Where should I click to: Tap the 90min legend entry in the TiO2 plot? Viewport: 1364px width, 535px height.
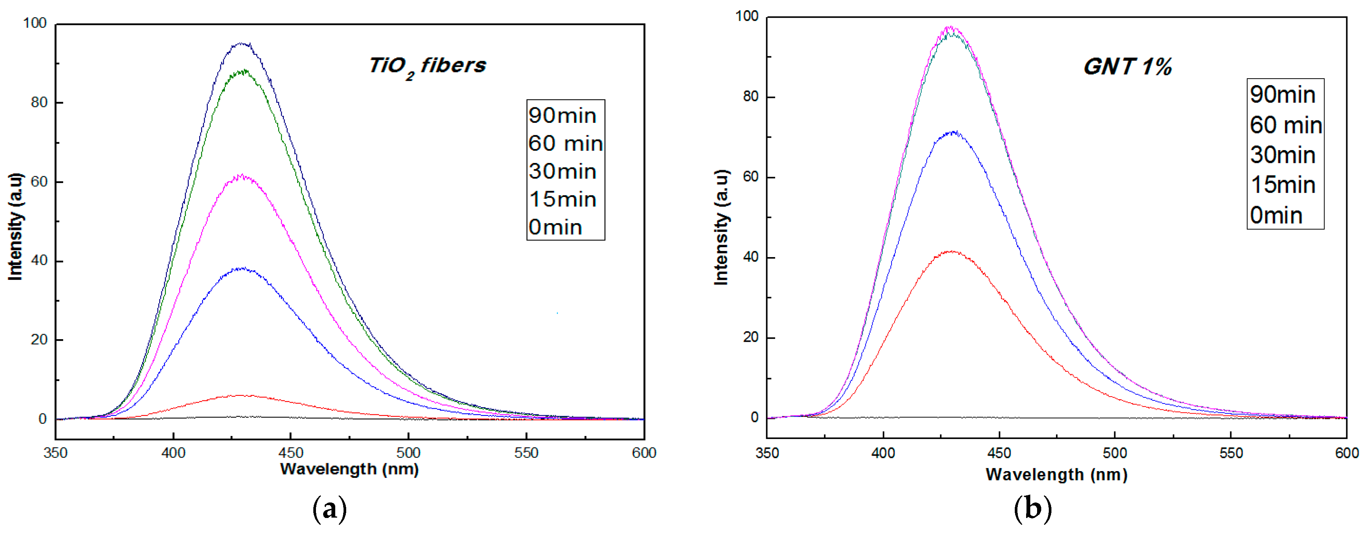coord(562,115)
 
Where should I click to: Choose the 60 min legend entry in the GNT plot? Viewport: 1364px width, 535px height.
coord(1286,125)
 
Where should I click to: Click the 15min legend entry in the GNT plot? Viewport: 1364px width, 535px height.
coord(1282,185)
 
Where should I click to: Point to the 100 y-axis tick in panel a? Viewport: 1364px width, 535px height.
coord(35,23)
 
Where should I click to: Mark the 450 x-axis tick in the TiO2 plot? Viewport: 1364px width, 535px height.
coord(291,453)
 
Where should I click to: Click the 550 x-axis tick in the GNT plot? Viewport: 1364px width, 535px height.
coord(1231,453)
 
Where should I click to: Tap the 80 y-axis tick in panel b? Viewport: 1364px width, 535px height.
coord(751,97)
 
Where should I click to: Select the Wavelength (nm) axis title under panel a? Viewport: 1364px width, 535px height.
coord(350,469)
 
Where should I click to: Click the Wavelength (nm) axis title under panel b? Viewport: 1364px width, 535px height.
coord(1056,475)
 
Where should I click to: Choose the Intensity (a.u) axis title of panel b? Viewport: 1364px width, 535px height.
coord(722,227)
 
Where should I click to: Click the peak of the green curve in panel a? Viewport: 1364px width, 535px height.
coord(243,70)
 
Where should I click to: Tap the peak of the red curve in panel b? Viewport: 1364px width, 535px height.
coord(952,251)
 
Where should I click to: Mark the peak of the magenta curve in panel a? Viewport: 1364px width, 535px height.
coord(242,175)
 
